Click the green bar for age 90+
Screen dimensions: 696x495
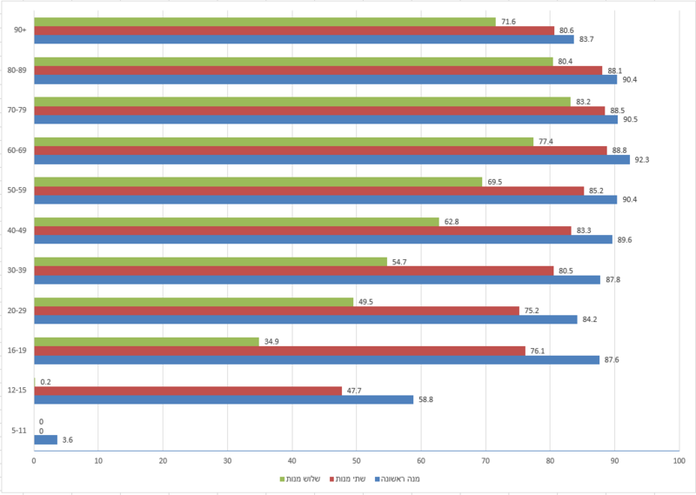tap(264, 22)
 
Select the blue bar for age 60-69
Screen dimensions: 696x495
tap(332, 159)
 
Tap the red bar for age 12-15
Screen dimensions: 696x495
tap(188, 391)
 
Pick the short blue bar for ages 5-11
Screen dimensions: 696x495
tap(46, 439)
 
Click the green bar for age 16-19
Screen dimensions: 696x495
tap(146, 342)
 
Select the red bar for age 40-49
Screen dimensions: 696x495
tap(303, 231)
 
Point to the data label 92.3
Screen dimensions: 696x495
tap(642, 160)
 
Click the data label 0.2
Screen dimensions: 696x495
tap(46, 382)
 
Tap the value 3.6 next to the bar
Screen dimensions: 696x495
tap(68, 440)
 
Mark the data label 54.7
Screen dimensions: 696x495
tap(399, 262)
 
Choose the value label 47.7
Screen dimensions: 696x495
tap(354, 391)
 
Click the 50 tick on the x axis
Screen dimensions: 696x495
tap(357, 461)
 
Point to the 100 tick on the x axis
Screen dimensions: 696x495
tap(679, 461)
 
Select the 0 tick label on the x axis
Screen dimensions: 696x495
tap(34, 461)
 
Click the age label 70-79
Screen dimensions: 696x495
tap(17, 110)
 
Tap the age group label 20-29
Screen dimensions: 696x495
tap(17, 311)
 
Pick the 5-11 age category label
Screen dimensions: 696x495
tap(19, 430)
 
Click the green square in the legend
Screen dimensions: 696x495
tap(282, 479)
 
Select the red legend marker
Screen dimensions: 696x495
tap(331, 479)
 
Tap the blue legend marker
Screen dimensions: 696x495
tap(378, 479)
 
